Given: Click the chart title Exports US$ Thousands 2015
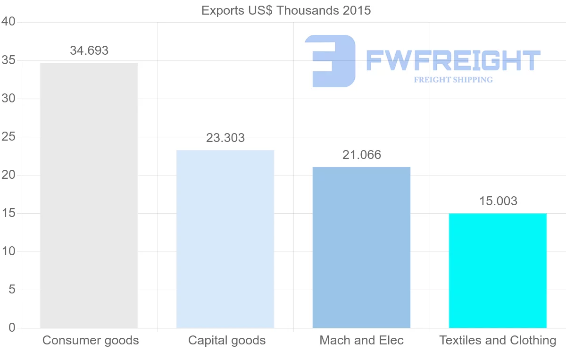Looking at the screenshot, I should tap(286, 10).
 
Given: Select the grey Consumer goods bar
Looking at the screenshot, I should tap(89, 195).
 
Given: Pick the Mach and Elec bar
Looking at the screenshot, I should tap(361, 247).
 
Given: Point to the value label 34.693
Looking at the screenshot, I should tap(89, 50).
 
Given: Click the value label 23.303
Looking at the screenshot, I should tap(225, 138).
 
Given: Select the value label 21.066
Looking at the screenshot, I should tap(362, 155).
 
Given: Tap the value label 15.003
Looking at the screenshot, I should tap(498, 201).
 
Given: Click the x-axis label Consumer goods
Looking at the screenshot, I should tap(91, 340).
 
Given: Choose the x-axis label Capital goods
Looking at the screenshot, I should tap(227, 340).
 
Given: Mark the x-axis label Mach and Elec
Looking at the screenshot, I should tap(362, 340).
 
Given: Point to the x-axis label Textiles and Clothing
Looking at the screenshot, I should tap(498, 340).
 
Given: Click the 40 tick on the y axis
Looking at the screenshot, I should tap(8, 22).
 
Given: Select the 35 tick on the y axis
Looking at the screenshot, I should tap(8, 60).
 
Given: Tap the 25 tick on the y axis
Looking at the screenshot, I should tap(8, 137).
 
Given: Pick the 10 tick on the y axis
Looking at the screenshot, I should tap(8, 251).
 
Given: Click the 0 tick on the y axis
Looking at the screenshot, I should tap(12, 328).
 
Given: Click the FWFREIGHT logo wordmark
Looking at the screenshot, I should tap(453, 60).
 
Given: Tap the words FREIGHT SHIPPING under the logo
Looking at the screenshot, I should tap(453, 80).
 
